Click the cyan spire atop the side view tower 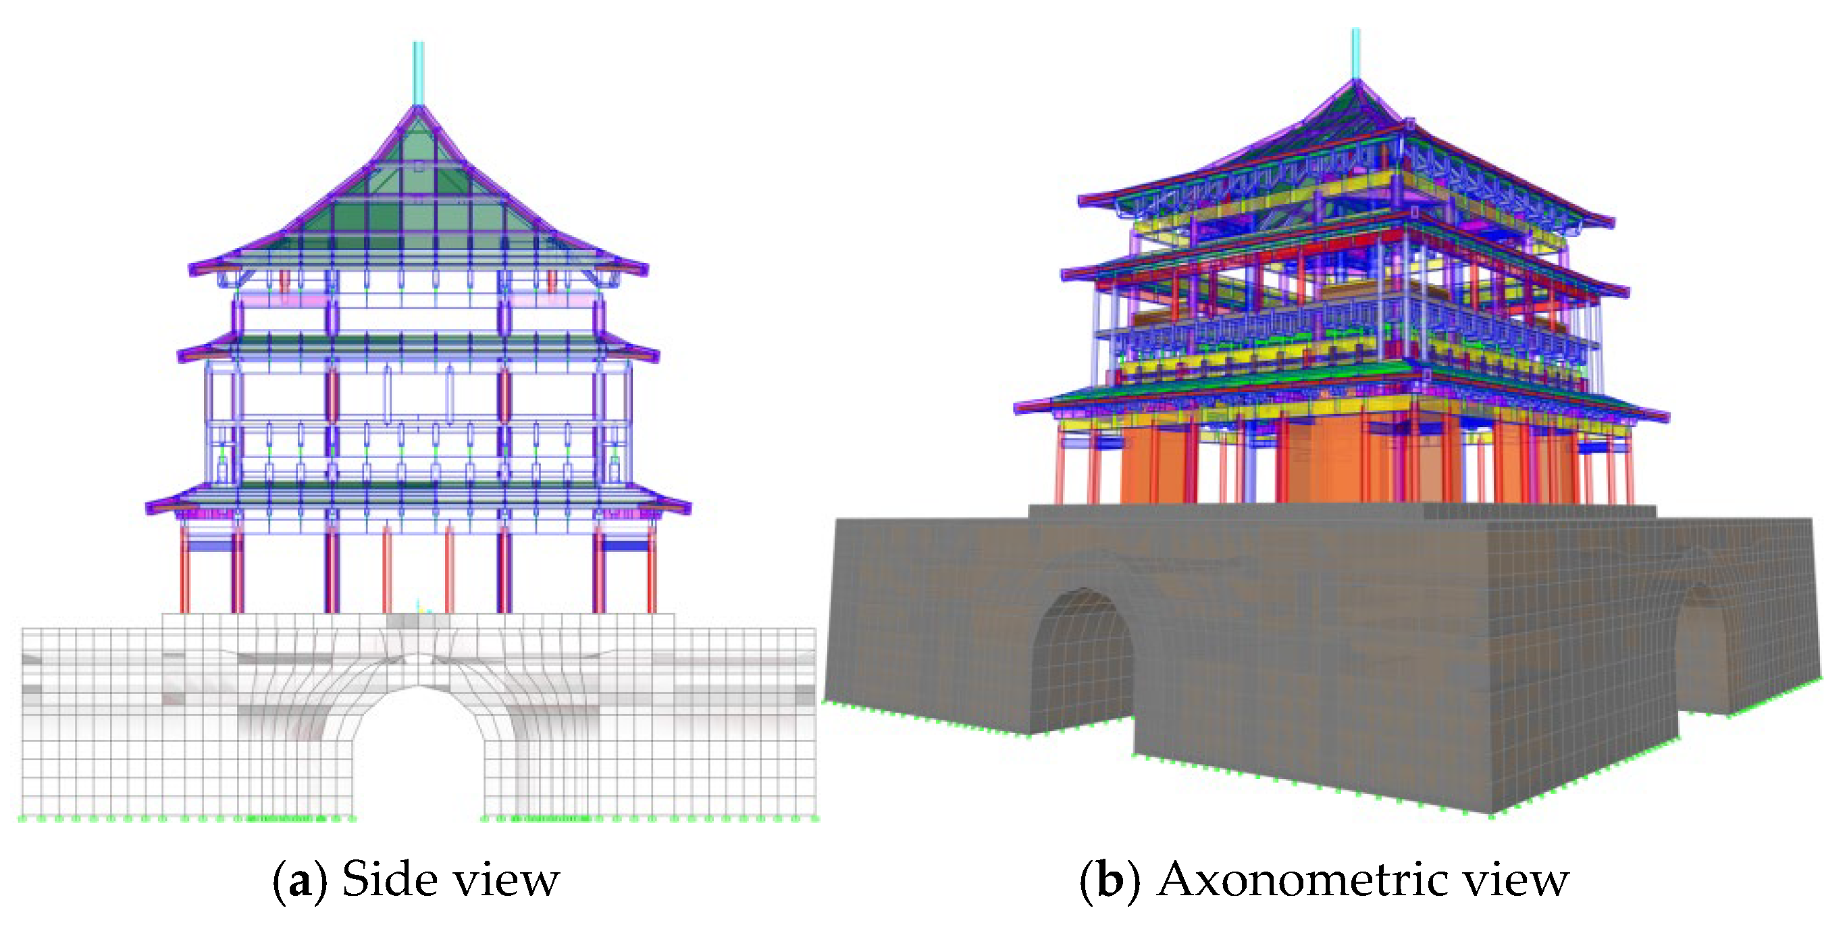click(418, 72)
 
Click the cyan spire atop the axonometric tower click(1356, 54)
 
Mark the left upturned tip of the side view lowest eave click(152, 507)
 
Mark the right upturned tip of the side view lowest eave click(686, 507)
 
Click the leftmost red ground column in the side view click(184, 574)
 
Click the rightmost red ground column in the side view click(651, 574)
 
